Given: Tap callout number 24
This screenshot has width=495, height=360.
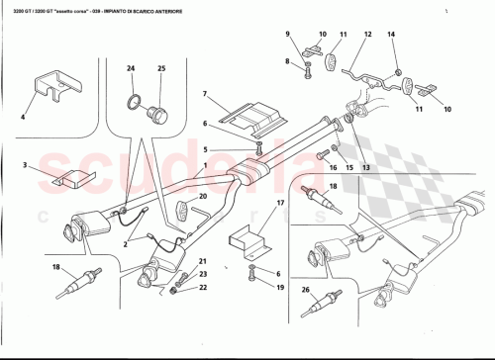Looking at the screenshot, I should tap(130, 68).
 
